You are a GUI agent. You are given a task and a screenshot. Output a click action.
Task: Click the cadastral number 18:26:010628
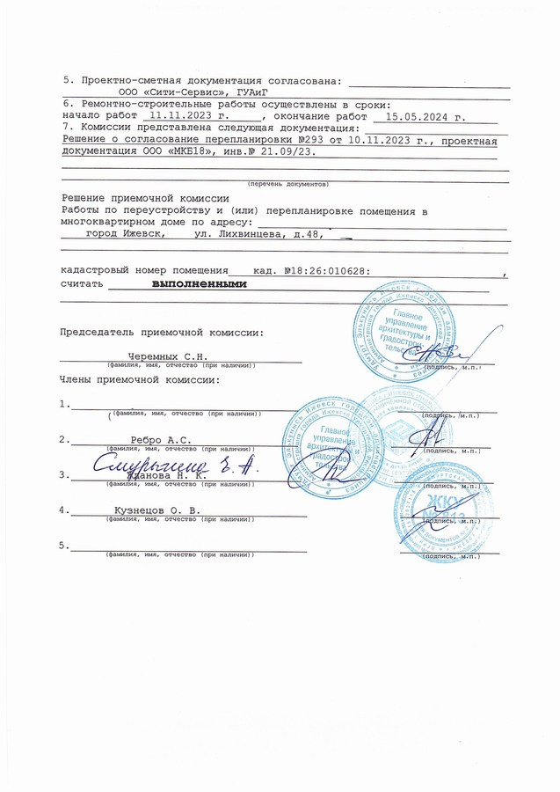click(331, 272)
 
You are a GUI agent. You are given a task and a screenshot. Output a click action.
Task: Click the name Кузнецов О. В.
click(157, 510)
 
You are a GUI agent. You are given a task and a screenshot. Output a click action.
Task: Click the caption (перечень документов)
click(287, 184)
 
